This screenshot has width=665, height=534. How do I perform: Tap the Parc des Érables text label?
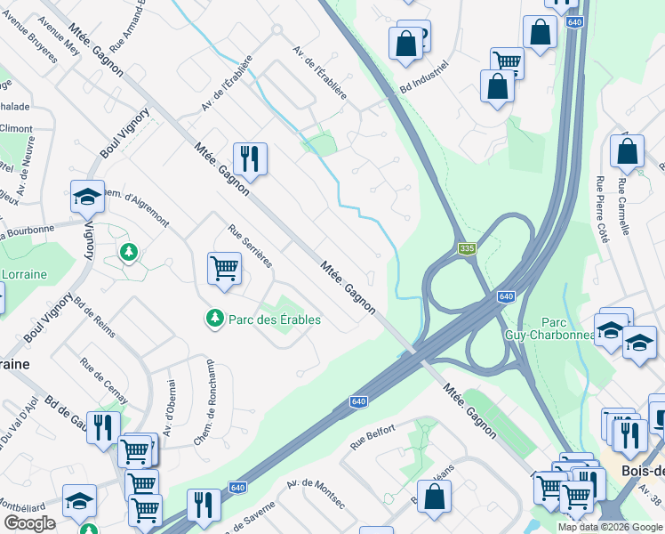275,320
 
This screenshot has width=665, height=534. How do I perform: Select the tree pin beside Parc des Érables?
213,318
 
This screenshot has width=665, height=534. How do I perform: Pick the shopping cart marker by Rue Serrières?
224,267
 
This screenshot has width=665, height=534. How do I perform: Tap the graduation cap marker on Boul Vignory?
87,197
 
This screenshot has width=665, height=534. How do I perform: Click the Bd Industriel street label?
424,79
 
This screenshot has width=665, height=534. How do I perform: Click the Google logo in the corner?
29,522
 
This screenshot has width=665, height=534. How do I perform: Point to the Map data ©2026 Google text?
610,527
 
